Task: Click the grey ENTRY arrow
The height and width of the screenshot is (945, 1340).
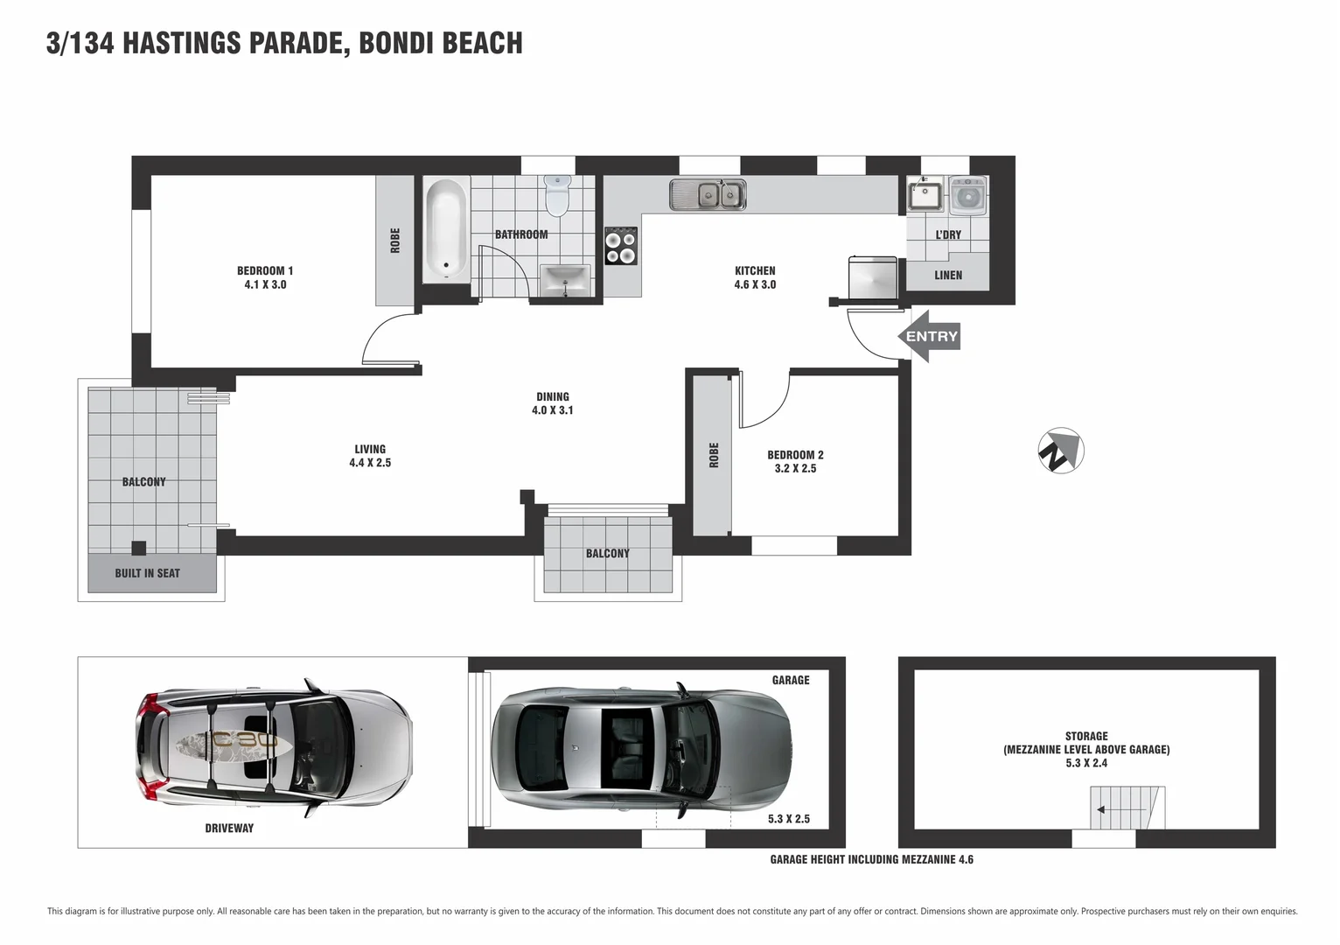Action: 929,337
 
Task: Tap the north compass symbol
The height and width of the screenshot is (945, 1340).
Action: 1060,451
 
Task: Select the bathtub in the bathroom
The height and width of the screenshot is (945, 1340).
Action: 447,230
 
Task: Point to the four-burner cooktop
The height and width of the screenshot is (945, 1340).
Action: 621,246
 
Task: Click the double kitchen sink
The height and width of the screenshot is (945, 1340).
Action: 708,195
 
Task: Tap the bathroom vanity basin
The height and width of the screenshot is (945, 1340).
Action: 565,281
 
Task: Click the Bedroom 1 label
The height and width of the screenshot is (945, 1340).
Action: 265,271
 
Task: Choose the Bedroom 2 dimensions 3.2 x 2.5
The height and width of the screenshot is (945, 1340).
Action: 795,469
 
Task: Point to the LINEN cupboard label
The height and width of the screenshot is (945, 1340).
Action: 947,276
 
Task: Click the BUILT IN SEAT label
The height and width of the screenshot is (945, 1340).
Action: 147,574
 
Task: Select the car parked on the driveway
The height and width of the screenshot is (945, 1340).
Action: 273,749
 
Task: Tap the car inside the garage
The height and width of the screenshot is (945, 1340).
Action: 640,749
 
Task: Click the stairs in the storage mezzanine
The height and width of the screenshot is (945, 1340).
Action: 1127,808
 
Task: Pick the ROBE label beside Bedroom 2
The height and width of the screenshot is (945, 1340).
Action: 714,455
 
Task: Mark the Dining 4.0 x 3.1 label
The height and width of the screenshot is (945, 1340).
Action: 552,403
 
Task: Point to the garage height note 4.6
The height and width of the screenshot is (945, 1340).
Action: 871,860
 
